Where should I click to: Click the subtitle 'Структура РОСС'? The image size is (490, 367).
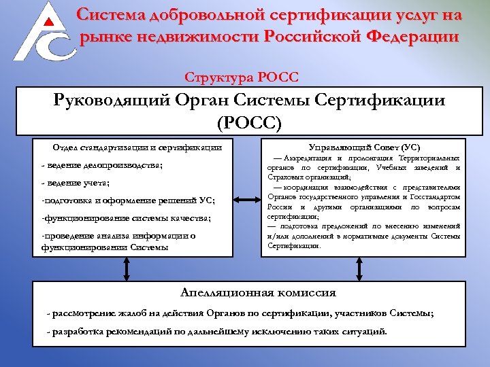[x=242, y=77]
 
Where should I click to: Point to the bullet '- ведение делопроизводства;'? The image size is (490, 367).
[x=102, y=165]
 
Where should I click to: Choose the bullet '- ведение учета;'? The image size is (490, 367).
[x=75, y=183]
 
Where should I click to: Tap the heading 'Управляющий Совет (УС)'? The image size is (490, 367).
[x=364, y=147]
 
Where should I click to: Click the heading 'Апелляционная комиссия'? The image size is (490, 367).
[x=258, y=293]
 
